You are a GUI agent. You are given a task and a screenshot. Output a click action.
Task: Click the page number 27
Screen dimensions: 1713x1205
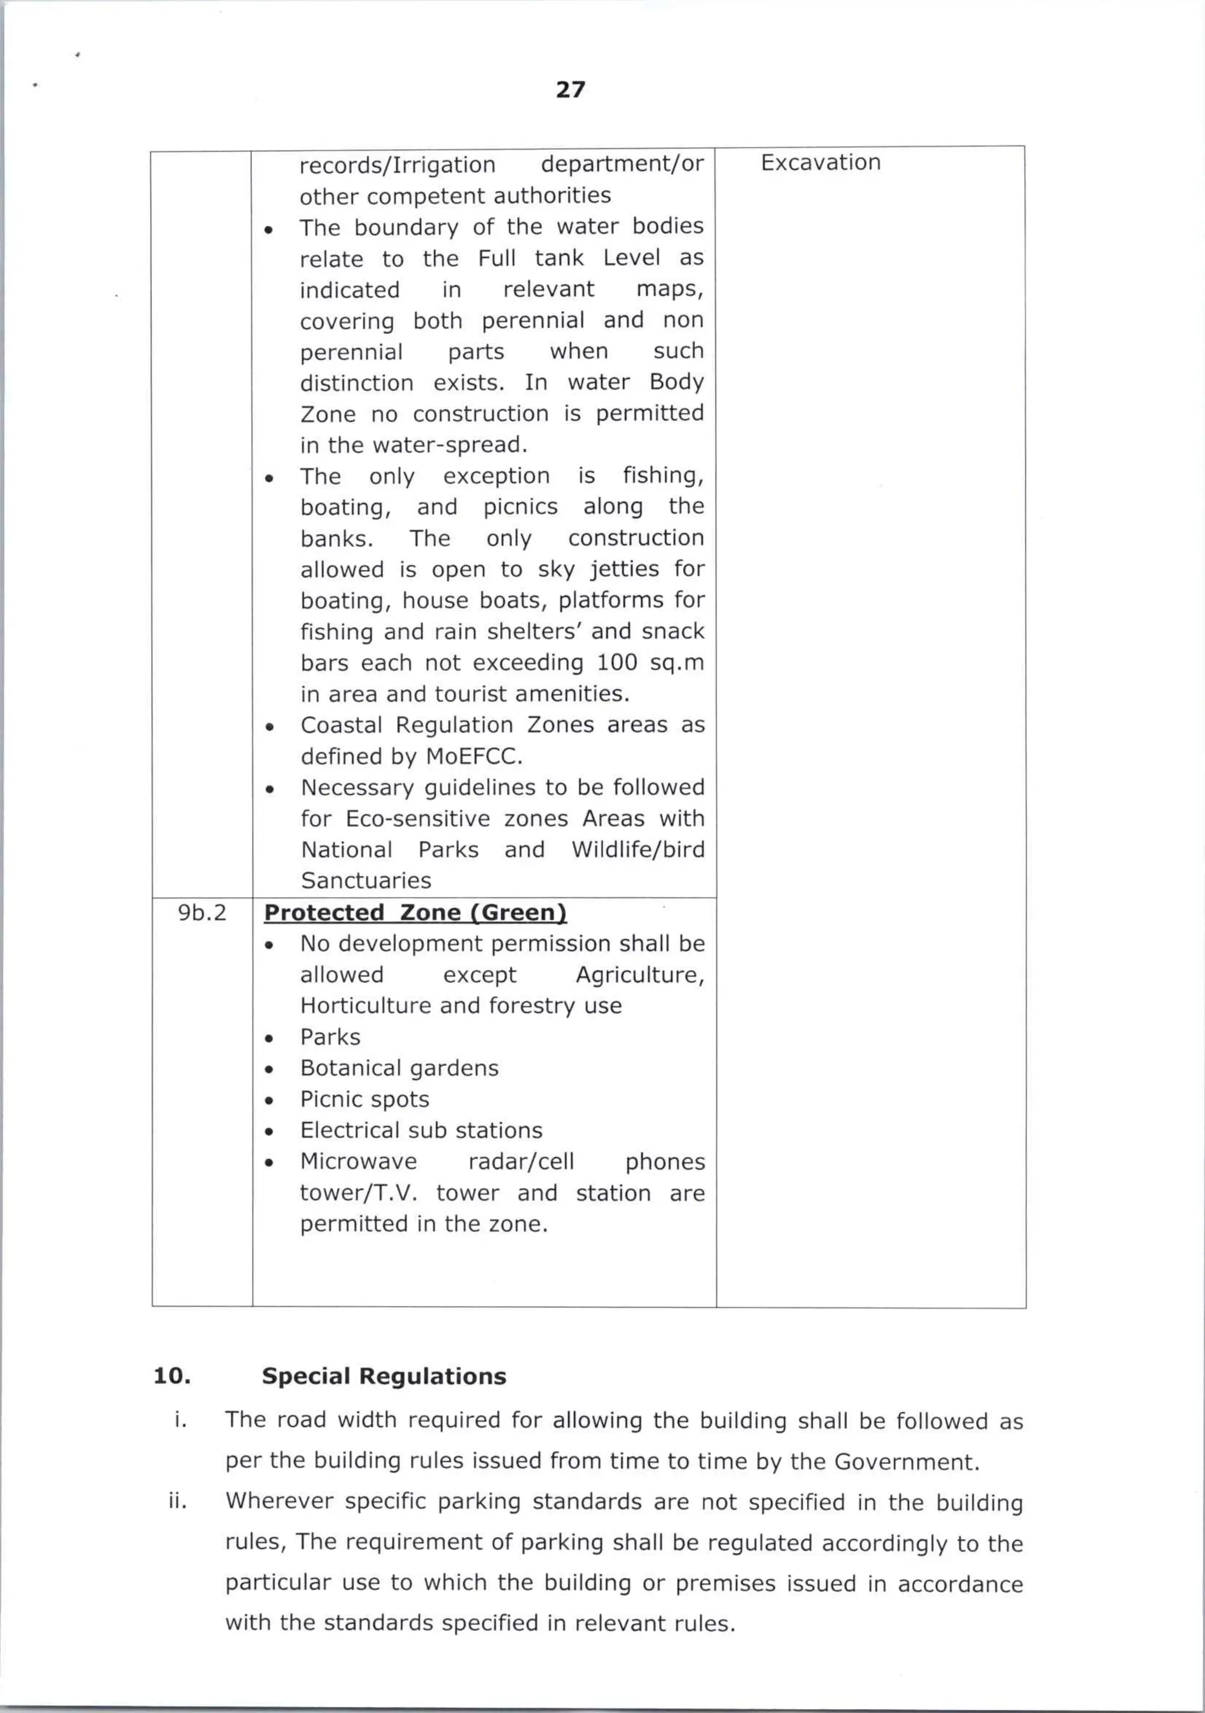tap(570, 89)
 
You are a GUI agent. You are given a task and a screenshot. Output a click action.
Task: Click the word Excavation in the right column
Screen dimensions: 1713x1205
tap(820, 162)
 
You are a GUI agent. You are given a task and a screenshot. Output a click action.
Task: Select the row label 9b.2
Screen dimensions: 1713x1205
tap(201, 912)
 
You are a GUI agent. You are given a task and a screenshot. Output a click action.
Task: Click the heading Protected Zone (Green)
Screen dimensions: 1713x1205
tap(415, 912)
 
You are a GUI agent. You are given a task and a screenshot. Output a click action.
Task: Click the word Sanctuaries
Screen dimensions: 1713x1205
tap(365, 881)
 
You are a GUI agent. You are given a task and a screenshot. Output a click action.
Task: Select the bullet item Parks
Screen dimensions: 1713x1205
tap(330, 1037)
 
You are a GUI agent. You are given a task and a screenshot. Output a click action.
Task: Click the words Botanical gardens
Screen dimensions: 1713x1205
tap(399, 1068)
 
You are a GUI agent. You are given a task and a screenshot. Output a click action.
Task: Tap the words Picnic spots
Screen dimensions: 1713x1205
tap(364, 1099)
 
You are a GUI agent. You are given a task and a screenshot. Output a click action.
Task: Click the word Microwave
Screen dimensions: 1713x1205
tap(358, 1162)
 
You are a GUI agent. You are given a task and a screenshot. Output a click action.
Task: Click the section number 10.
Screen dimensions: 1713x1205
tap(172, 1376)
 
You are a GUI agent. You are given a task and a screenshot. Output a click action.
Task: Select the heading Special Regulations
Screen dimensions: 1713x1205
tap(384, 1376)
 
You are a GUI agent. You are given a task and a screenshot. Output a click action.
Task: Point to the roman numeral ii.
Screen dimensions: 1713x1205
tap(178, 1501)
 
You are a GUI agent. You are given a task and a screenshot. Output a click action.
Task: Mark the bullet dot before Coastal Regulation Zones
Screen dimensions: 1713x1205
tap(269, 726)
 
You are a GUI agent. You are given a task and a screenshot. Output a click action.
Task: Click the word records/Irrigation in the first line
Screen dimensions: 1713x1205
tap(397, 165)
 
